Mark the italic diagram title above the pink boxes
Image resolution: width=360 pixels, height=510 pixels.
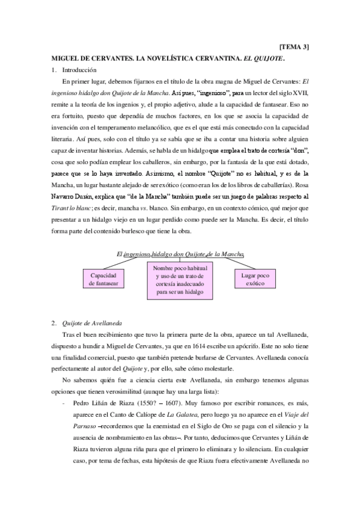click(181, 255)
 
